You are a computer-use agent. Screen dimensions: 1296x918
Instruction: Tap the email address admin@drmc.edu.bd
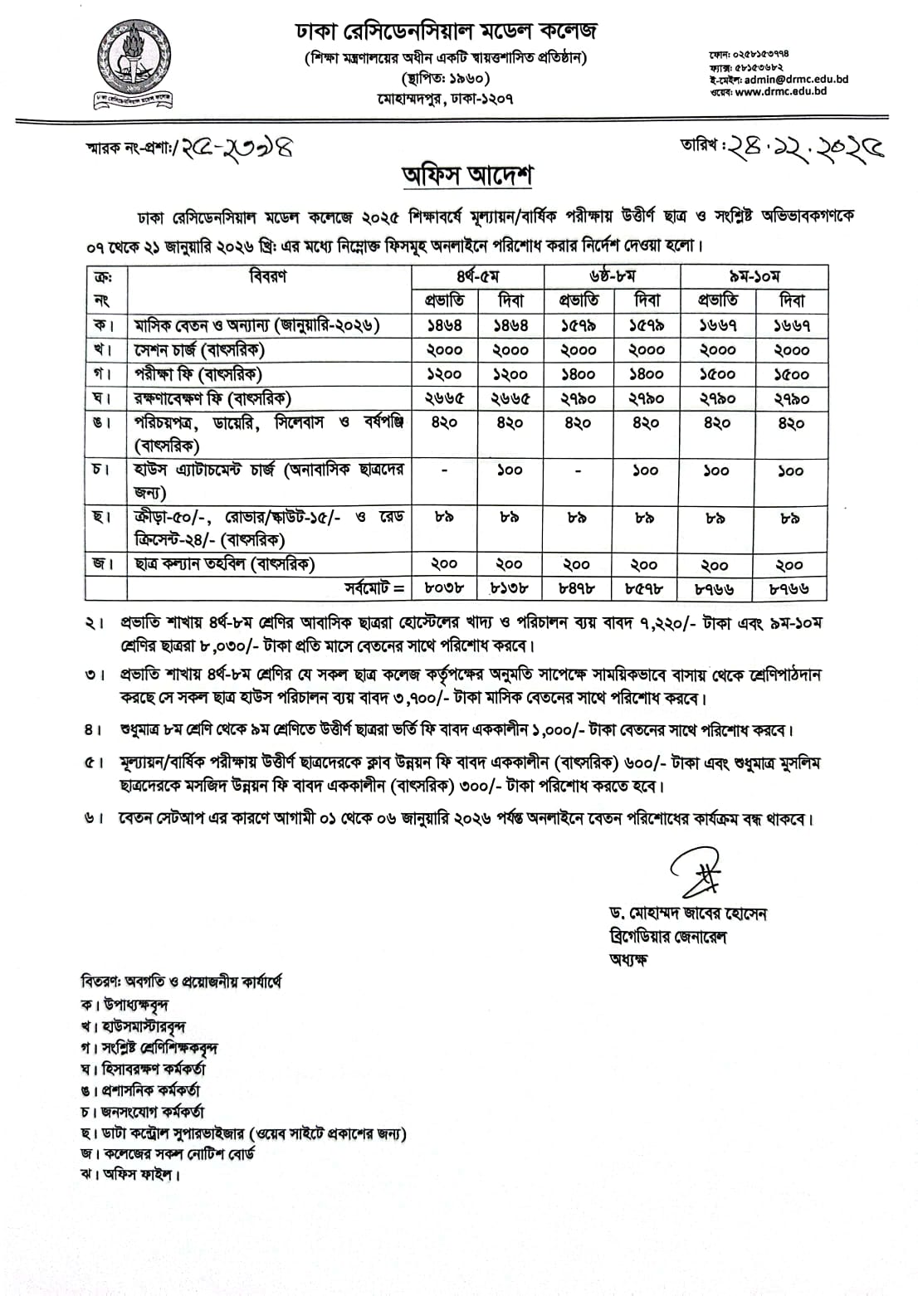pos(796,80)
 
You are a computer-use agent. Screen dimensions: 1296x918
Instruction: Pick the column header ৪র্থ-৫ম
pos(477,276)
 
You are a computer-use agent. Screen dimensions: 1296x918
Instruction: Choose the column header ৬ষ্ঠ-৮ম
pos(612,276)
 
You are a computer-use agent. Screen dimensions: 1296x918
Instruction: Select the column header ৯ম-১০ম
pos(754,276)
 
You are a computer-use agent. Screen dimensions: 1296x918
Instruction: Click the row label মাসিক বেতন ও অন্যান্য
pos(257,325)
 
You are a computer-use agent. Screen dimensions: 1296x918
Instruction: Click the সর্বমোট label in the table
pos(374,588)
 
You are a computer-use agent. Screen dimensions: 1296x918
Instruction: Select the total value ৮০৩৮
pos(444,588)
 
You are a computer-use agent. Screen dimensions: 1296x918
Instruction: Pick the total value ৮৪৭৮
pos(577,588)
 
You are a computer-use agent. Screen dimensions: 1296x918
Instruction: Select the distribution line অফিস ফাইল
pos(130,1174)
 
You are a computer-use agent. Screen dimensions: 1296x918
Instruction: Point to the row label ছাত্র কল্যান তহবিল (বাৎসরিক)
pos(225,564)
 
